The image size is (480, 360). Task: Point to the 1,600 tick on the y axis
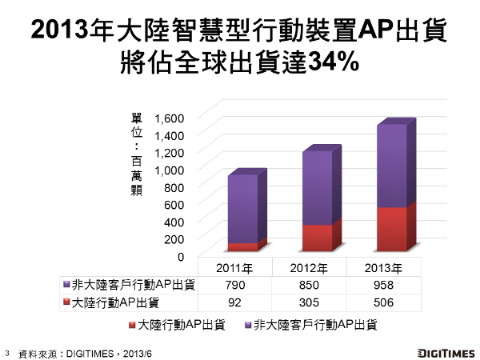click(169, 118)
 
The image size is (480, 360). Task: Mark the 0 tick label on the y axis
click(181, 256)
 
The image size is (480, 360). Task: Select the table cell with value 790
click(234, 285)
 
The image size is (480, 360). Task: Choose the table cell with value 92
click(234, 302)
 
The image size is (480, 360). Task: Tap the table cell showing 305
click(310, 302)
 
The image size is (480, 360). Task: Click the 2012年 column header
click(310, 267)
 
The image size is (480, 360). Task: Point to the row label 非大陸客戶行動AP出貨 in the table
click(132, 285)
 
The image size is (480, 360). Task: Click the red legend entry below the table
click(175, 325)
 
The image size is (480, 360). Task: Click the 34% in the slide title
click(330, 62)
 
